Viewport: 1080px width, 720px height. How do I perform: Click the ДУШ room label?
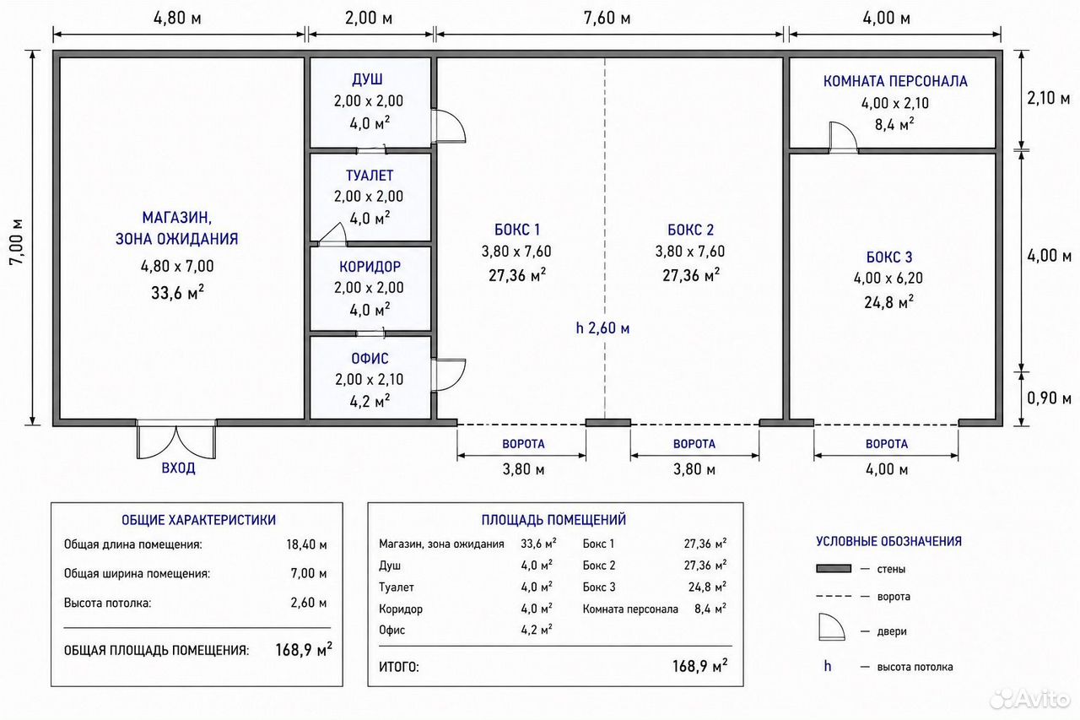coord(367,79)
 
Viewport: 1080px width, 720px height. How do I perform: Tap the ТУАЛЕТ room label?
coord(370,176)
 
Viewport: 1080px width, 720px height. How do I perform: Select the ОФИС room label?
coord(370,359)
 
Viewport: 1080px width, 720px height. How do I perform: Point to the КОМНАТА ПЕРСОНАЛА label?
coord(895,81)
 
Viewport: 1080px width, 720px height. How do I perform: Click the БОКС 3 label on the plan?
coord(889,257)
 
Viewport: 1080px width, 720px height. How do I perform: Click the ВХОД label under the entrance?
coord(178,468)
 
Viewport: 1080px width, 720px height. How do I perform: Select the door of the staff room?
coord(843,137)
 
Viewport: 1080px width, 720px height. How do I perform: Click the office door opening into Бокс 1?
coord(448,375)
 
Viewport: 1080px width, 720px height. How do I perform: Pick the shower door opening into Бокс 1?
coord(448,126)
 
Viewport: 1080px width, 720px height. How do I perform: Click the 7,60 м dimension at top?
coord(607,19)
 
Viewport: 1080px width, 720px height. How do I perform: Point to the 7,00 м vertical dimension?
coord(16,241)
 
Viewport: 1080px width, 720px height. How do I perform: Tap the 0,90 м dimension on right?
coord(1049,398)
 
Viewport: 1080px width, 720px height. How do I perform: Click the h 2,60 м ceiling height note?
coord(602,328)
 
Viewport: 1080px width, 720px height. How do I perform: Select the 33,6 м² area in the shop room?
coord(177,293)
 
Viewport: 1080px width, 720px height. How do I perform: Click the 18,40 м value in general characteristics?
coord(306,544)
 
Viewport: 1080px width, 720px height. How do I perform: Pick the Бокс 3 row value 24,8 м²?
coord(707,587)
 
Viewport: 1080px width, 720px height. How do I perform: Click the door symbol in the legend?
coord(832,627)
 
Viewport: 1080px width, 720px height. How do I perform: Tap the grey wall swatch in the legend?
coord(834,569)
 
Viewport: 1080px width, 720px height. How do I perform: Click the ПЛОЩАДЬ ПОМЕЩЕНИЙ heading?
coord(553,519)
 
